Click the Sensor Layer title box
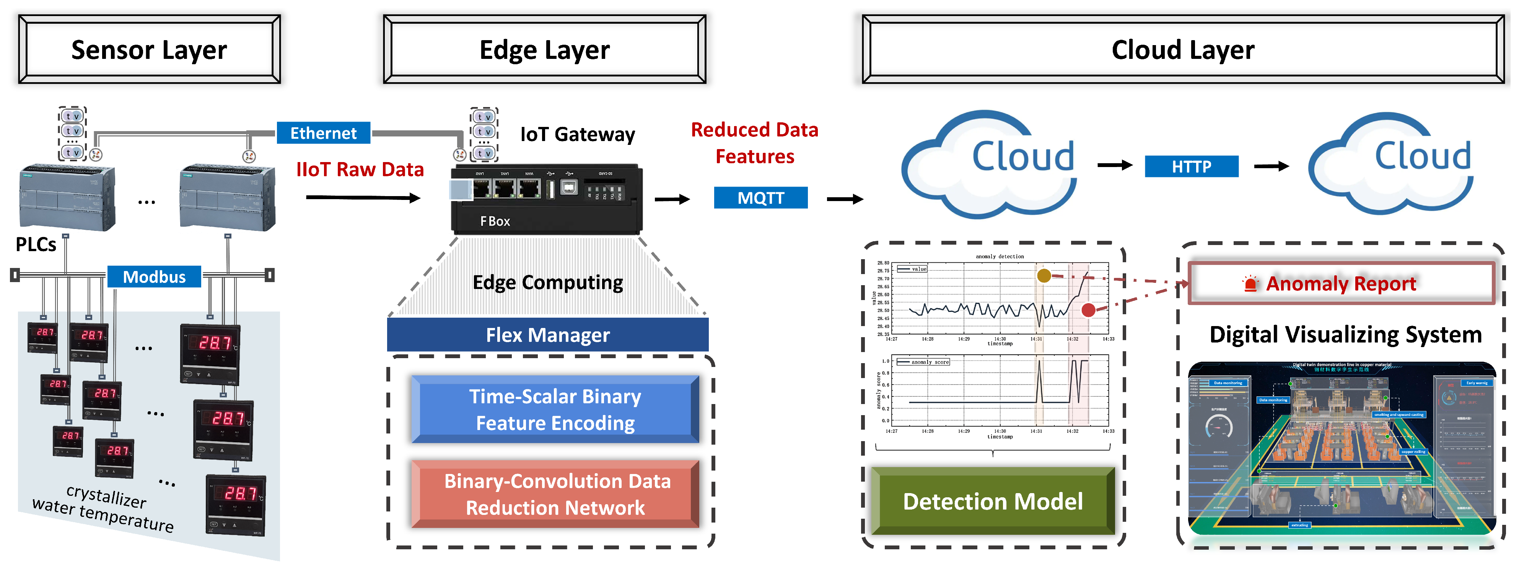[149, 50]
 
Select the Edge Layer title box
[544, 50]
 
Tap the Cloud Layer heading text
[1182, 50]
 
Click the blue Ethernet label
[323, 133]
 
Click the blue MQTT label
[761, 198]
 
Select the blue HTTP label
[1191, 167]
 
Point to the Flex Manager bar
[547, 335]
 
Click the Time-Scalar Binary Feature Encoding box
[555, 409]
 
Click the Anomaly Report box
[1340, 284]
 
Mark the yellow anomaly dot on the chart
[1044, 275]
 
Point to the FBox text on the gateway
[495, 221]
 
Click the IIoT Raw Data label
[360, 170]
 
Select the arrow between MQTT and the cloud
[844, 200]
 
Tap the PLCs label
[36, 244]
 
